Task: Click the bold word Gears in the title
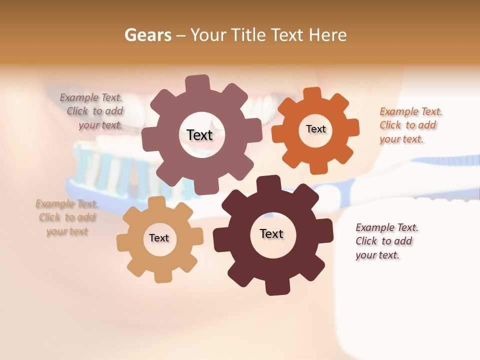tap(147, 35)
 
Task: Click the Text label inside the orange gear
tap(315, 129)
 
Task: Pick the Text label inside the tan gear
tap(159, 238)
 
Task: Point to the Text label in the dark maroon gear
tap(271, 233)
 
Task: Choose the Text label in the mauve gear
tap(199, 135)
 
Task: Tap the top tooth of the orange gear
tap(312, 94)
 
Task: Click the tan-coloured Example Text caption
tap(67, 217)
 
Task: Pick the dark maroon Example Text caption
tap(386, 241)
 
